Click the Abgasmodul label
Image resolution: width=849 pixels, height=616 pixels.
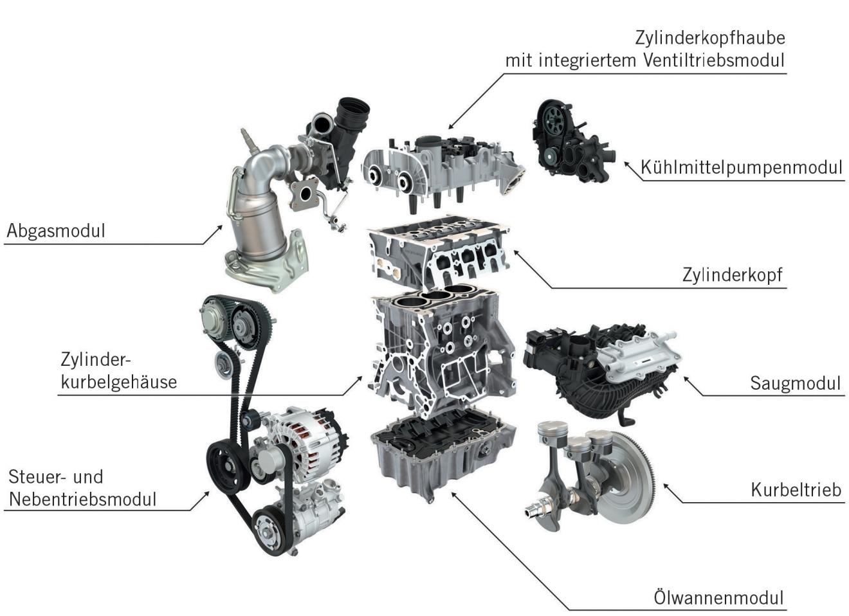(56, 231)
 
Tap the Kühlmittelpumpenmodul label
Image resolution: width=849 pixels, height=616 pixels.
(741, 168)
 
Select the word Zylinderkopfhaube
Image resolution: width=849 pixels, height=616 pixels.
(710, 39)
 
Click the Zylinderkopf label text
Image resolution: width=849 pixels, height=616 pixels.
(732, 275)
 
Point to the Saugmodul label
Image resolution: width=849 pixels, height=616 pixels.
(795, 383)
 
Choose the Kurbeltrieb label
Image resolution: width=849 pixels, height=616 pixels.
(796, 490)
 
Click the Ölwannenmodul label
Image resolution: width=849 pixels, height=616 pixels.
(718, 598)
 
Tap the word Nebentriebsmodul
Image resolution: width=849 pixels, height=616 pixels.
(82, 500)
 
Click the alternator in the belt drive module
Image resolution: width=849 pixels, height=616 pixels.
(303, 443)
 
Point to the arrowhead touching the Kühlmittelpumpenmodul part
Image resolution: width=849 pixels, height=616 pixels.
(627, 165)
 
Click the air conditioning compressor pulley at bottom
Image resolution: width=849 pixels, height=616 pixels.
(271, 531)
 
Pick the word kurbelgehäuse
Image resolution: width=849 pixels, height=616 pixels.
(118, 383)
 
